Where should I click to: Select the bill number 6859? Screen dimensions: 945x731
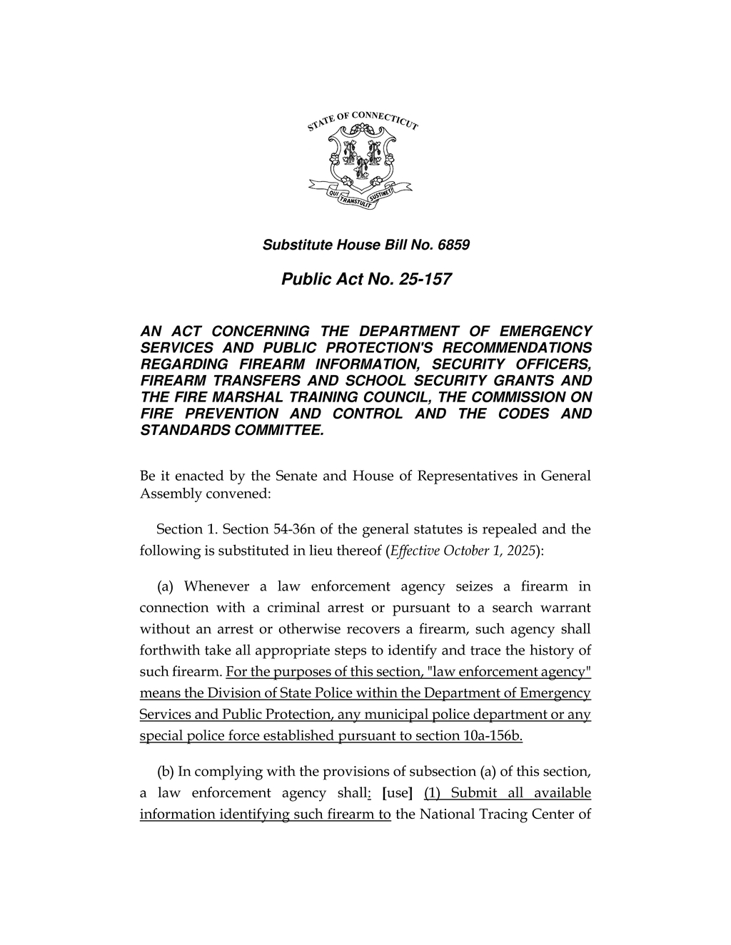pos(454,245)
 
